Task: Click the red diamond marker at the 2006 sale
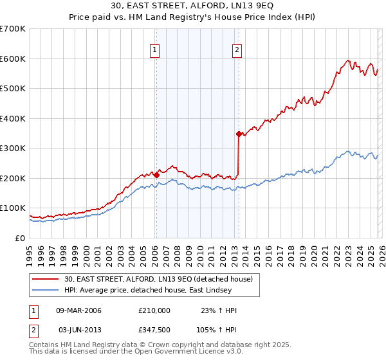pyautogui.click(x=156, y=175)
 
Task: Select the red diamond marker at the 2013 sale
pyautogui.click(x=239, y=134)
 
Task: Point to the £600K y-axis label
pyautogui.click(x=13, y=59)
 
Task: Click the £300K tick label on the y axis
pyautogui.click(x=13, y=148)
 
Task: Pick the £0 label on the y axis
pyautogui.click(x=21, y=239)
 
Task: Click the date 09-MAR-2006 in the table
pyautogui.click(x=78, y=310)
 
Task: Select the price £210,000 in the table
pyautogui.click(x=154, y=310)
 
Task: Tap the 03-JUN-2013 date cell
pyautogui.click(x=80, y=330)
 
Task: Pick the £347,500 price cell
pyautogui.click(x=154, y=330)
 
